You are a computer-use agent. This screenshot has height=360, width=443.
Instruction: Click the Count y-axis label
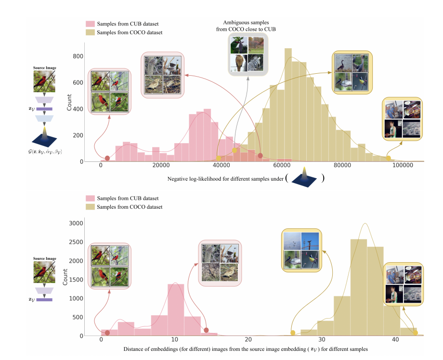[69, 102]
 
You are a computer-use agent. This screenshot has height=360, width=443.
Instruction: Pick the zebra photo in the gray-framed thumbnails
[255, 63]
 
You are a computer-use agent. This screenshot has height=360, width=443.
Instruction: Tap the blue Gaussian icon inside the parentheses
[304, 177]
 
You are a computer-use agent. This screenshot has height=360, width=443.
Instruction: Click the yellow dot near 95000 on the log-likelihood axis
[389, 158]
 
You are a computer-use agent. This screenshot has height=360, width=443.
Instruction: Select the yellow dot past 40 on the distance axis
[415, 333]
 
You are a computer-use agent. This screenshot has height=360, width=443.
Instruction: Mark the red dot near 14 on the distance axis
[206, 330]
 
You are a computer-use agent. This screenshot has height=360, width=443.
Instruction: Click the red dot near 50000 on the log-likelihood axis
[260, 156]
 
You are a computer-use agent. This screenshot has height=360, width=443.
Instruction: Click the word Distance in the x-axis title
[134, 348]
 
